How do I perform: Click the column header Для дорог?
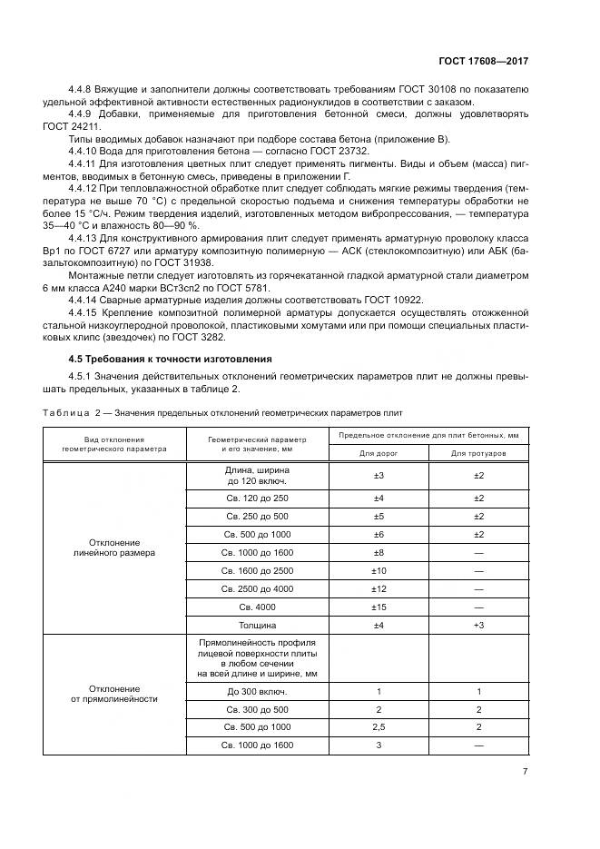pos(379,452)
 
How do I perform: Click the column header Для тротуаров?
pos(479,452)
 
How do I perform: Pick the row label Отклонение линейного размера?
pos(113,546)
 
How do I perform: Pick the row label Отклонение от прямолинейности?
pos(113,693)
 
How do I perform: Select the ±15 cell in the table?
pos(379,606)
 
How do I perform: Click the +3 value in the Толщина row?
pos(479,626)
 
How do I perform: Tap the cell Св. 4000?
pos(257,606)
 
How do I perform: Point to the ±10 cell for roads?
pos(379,570)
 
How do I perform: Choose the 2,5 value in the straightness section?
pos(379,727)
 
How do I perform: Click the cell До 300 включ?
pos(257,692)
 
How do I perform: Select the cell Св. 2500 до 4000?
pos(257,588)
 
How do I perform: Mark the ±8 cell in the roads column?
pos(379,552)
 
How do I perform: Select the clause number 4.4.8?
pos(82,91)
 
